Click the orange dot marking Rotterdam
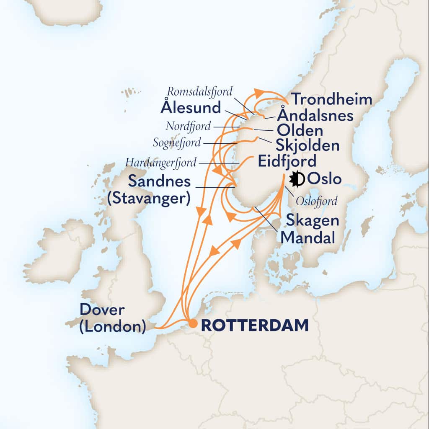click(192, 324)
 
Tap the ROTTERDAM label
click(255, 325)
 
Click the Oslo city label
click(324, 179)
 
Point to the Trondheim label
click(332, 100)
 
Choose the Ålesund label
click(191, 108)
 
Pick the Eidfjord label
click(287, 161)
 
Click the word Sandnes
click(159, 181)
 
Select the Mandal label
click(308, 238)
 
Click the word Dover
click(102, 310)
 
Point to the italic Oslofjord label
click(316, 202)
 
